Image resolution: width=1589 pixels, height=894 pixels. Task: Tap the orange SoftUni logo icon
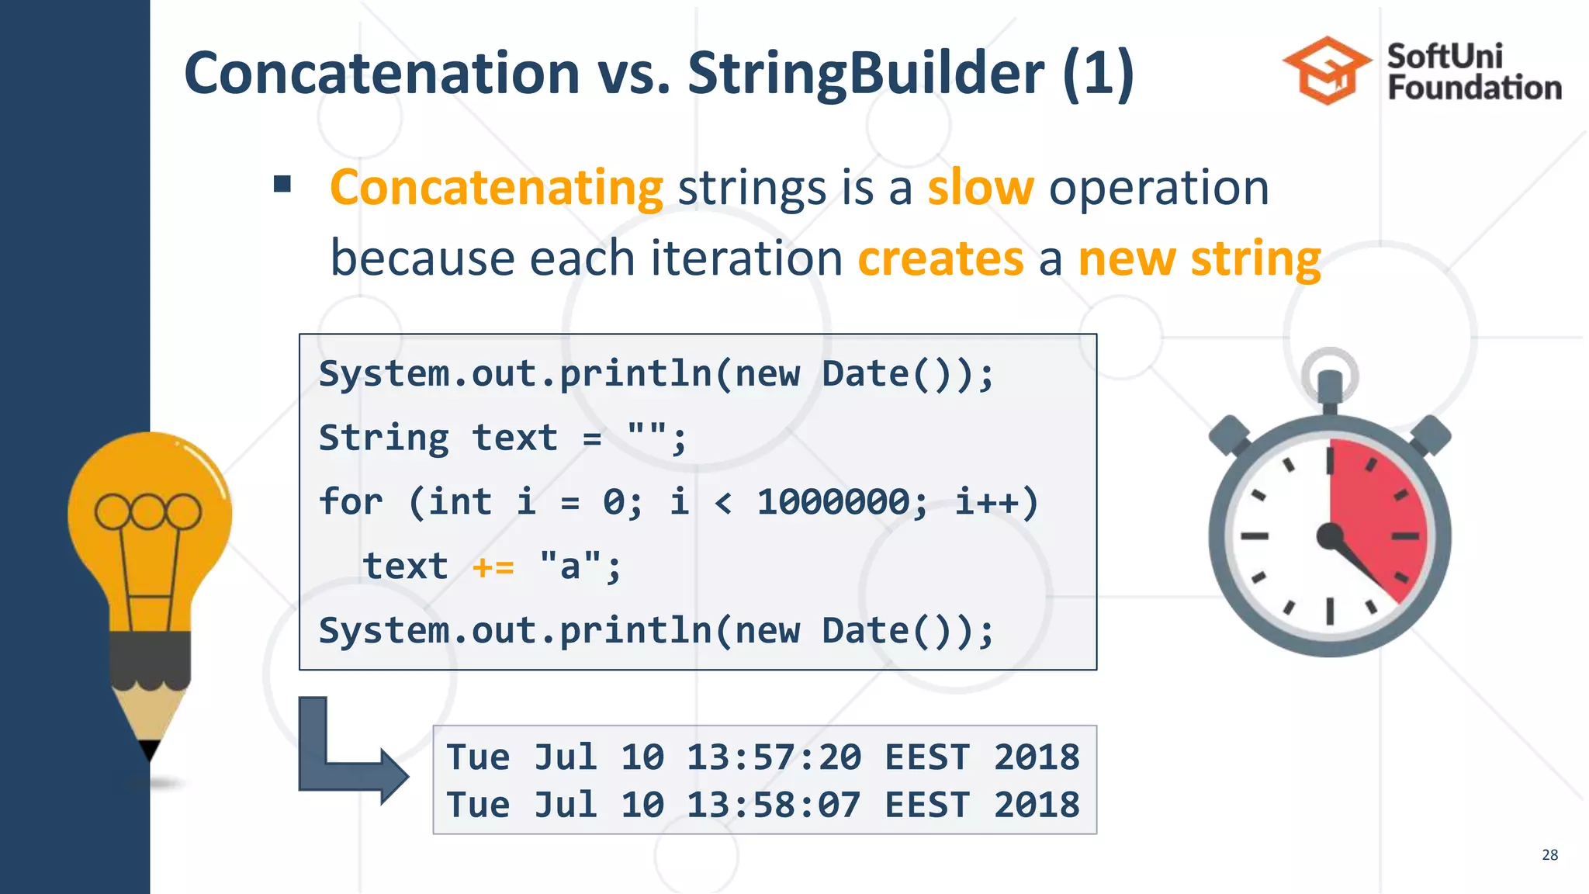click(1328, 71)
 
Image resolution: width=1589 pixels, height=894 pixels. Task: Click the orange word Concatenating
click(497, 188)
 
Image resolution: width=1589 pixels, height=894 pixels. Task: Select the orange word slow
click(981, 188)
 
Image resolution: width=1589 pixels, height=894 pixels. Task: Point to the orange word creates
click(940, 258)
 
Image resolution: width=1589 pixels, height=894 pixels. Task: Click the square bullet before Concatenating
click(282, 185)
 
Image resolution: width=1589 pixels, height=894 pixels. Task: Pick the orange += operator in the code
click(493, 567)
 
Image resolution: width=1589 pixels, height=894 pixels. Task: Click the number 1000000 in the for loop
click(833, 502)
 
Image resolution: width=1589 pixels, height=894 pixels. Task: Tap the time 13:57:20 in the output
click(774, 757)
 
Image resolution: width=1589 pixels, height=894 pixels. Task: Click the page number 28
click(1549, 854)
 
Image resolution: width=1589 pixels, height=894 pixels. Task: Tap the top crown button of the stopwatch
click(1330, 386)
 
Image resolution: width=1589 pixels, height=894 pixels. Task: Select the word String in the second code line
click(384, 438)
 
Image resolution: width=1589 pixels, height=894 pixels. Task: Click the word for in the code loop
click(351, 502)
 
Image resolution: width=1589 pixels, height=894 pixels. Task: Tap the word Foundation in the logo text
click(1474, 88)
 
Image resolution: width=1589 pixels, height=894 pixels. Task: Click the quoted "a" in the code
click(570, 566)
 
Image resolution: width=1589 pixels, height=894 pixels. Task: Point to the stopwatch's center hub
click(1330, 535)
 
